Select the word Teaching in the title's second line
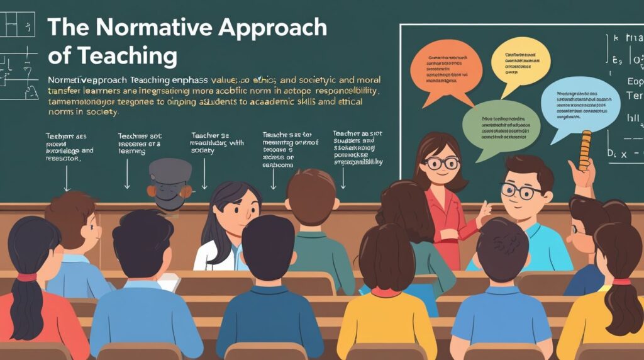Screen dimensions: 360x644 (x=125, y=56)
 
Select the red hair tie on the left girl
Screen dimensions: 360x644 (x=26, y=277)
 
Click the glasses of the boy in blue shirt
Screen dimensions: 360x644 (x=521, y=191)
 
